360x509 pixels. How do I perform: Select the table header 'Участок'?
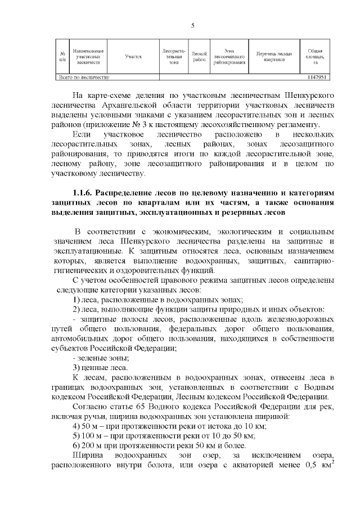pyautogui.click(x=133, y=57)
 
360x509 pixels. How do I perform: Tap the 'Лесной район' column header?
pyautogui.click(x=199, y=57)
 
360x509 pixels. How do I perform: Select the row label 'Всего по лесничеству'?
pyautogui.click(x=84, y=77)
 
